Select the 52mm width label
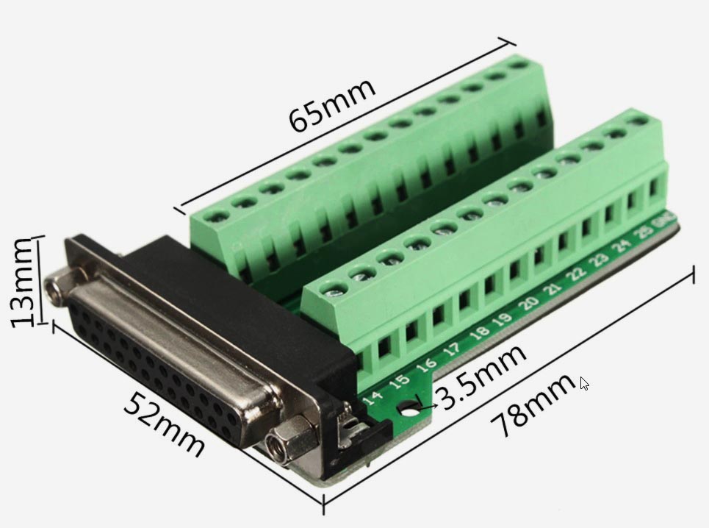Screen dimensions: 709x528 164,423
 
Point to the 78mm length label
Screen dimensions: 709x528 532,406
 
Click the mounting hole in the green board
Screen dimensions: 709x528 409,409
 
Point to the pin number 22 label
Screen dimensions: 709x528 577,272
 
